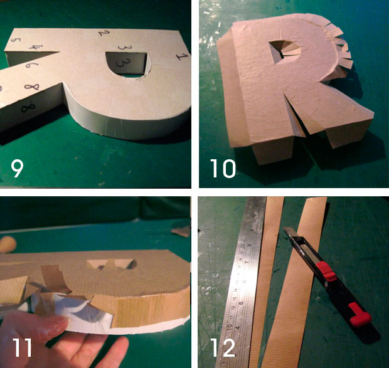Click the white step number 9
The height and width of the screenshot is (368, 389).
tap(19, 168)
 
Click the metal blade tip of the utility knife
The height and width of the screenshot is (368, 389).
tap(290, 234)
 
